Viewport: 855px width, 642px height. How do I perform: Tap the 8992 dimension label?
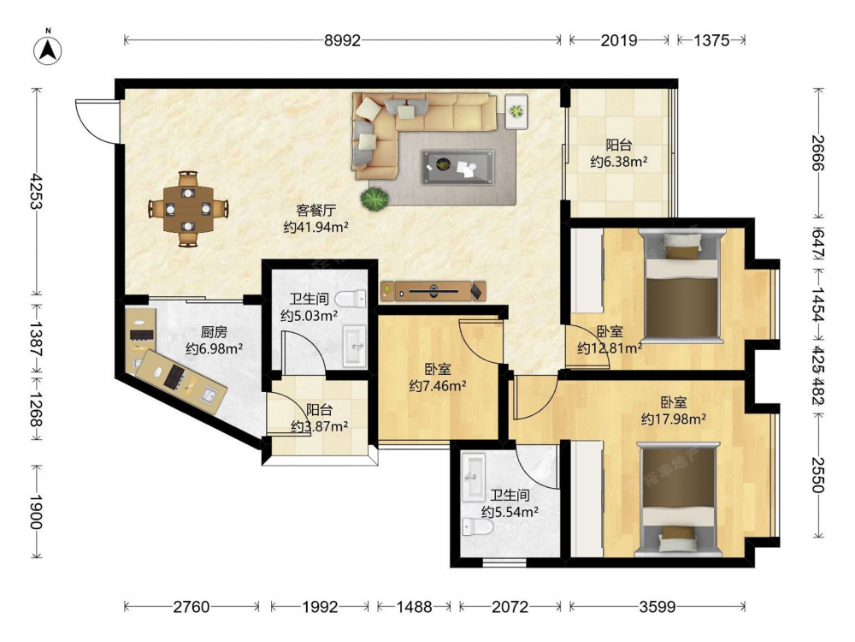pyautogui.click(x=343, y=40)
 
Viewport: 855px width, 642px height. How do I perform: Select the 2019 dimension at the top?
pyautogui.click(x=619, y=40)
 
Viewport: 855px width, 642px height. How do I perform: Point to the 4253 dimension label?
pyautogui.click(x=36, y=192)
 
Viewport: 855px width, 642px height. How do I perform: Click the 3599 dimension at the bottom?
pyautogui.click(x=657, y=607)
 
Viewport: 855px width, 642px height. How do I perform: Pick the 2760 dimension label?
pyautogui.click(x=192, y=607)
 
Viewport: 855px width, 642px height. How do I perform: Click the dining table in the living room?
pyautogui.click(x=188, y=209)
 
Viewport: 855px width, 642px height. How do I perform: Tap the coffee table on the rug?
pyautogui.click(x=457, y=167)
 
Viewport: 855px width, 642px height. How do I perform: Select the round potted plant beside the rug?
pyautogui.click(x=374, y=199)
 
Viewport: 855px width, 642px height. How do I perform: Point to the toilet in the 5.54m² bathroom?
pyautogui.click(x=478, y=527)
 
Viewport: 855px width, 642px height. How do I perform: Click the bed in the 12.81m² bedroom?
pyautogui.click(x=682, y=286)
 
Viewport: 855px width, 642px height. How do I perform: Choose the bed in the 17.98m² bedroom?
pyautogui.click(x=678, y=500)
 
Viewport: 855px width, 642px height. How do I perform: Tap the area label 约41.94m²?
pyautogui.click(x=315, y=227)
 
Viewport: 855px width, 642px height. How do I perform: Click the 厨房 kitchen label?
pyautogui.click(x=214, y=332)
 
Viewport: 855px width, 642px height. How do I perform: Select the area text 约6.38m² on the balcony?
pyautogui.click(x=619, y=162)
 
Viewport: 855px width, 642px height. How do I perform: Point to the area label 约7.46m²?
pyautogui.click(x=437, y=386)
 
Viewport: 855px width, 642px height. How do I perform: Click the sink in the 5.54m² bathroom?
pyautogui.click(x=474, y=477)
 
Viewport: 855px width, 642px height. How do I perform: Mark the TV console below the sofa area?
pyautogui.click(x=433, y=291)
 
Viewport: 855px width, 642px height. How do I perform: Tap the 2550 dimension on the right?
pyautogui.click(x=817, y=475)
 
